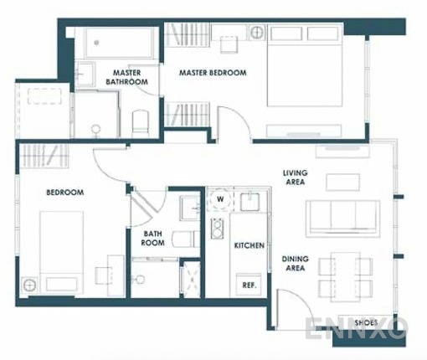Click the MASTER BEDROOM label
pyautogui.click(x=213, y=73)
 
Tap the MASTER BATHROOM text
pyautogui.click(x=127, y=77)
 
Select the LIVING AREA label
pyautogui.click(x=295, y=177)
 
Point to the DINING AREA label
pyautogui.click(x=295, y=265)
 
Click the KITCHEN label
pyautogui.click(x=250, y=245)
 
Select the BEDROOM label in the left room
pyautogui.click(x=64, y=193)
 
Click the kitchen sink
pyautogui.click(x=249, y=203)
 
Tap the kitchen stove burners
pyautogui.click(x=217, y=228)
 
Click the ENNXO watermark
pyautogui.click(x=356, y=328)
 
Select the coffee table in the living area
pyautogui.click(x=342, y=182)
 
